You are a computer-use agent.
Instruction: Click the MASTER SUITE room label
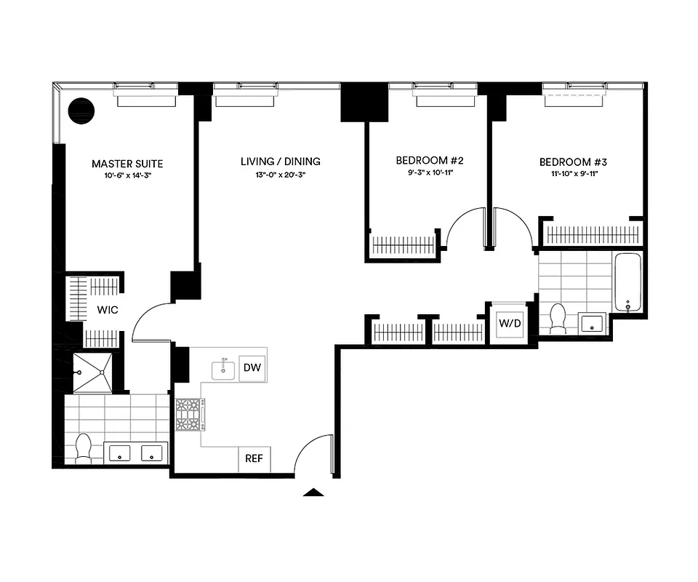click(127, 164)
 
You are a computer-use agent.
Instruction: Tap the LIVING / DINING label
click(281, 162)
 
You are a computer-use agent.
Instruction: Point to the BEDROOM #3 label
click(574, 162)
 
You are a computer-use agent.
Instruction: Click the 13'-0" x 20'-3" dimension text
click(281, 175)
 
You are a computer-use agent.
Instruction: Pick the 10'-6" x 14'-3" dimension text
click(127, 176)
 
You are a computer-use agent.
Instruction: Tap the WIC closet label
click(108, 310)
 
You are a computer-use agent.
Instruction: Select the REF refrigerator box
click(254, 459)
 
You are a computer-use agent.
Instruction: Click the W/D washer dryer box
click(510, 322)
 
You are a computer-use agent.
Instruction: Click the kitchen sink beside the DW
click(224, 370)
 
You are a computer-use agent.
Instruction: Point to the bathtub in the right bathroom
click(627, 282)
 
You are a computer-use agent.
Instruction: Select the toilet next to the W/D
click(558, 319)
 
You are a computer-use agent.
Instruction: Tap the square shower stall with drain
click(89, 372)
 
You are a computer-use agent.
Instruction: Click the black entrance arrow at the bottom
click(313, 493)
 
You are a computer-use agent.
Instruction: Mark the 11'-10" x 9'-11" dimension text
click(574, 175)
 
